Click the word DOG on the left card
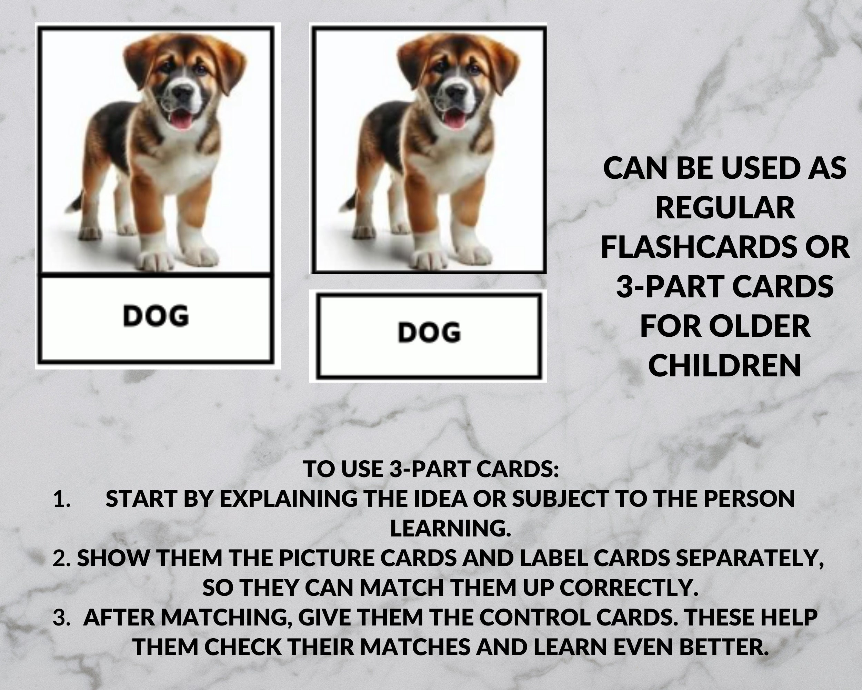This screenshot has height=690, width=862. click(156, 316)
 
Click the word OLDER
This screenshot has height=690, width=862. click(759, 326)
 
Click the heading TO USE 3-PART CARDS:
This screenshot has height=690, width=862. click(431, 469)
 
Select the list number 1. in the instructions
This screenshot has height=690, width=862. click(62, 499)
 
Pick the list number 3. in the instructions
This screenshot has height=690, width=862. click(62, 617)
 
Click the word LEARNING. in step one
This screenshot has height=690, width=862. click(451, 528)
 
